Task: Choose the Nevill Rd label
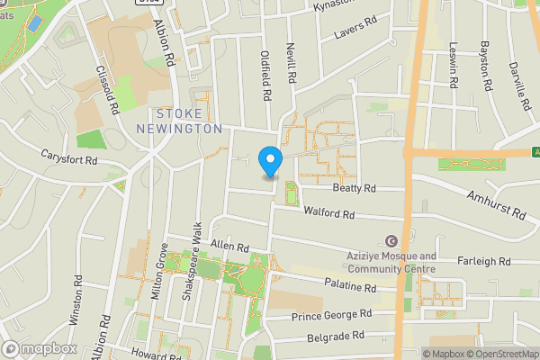pyautogui.click(x=291, y=63)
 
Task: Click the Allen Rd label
pyautogui.click(x=229, y=246)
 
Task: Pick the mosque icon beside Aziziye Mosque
pyautogui.click(x=391, y=241)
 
